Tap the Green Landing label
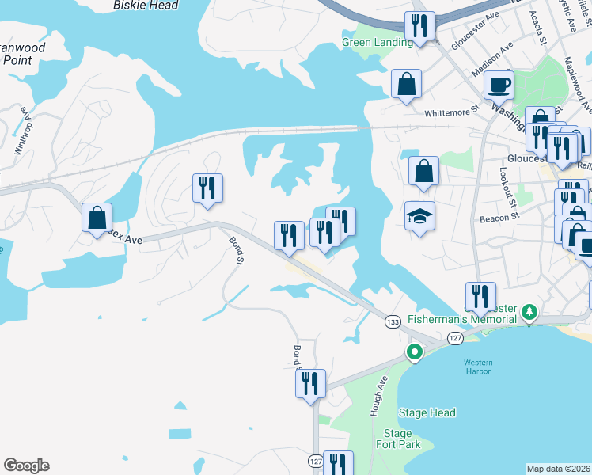pos(378,43)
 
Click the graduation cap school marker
pos(419,215)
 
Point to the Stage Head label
pos(427,412)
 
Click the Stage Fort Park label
pos(397,439)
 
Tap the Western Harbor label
pos(477,368)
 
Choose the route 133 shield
pos(393,321)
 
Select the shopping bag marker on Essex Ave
pos(97,217)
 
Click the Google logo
pos(26,465)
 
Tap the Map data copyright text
pos(558,469)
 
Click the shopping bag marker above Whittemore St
pos(406,84)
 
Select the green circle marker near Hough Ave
pos(414,352)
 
